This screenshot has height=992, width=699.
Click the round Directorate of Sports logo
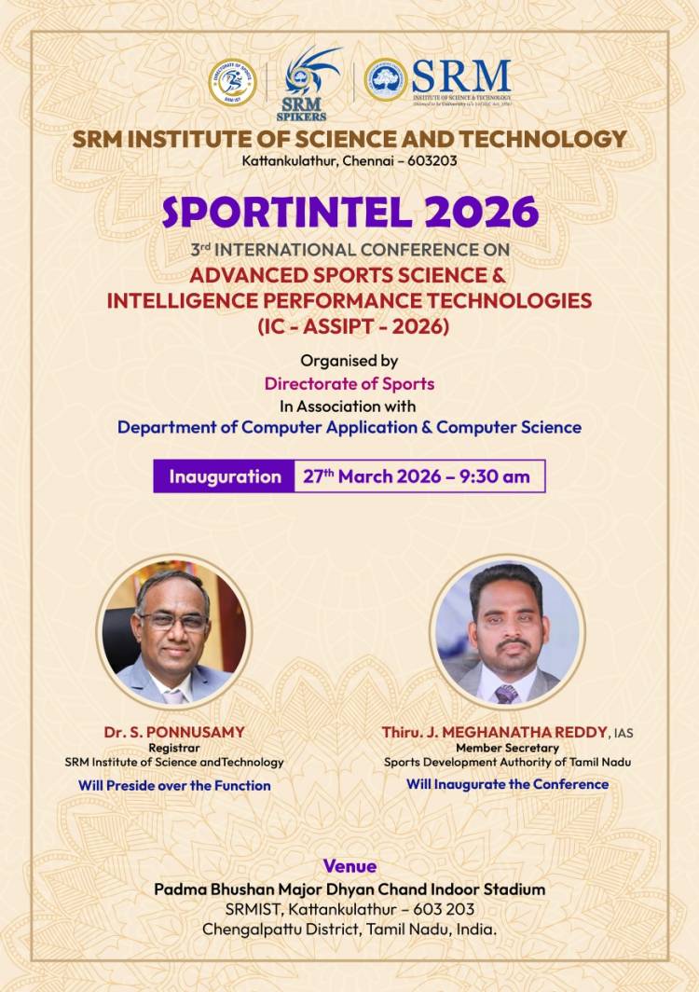231,81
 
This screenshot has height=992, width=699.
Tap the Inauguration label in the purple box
225,476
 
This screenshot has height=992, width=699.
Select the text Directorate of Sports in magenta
349,383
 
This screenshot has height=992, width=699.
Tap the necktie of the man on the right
506,694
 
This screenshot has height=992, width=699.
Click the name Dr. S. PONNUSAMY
174,732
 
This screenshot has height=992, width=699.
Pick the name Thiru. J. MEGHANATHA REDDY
494,732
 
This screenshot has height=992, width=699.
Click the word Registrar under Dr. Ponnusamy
174,748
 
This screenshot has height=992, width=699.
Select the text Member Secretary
507,748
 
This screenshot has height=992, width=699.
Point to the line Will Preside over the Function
174,785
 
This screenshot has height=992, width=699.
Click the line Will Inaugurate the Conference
507,784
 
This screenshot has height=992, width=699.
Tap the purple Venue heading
349,866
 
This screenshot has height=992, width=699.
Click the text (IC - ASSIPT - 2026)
349,327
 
